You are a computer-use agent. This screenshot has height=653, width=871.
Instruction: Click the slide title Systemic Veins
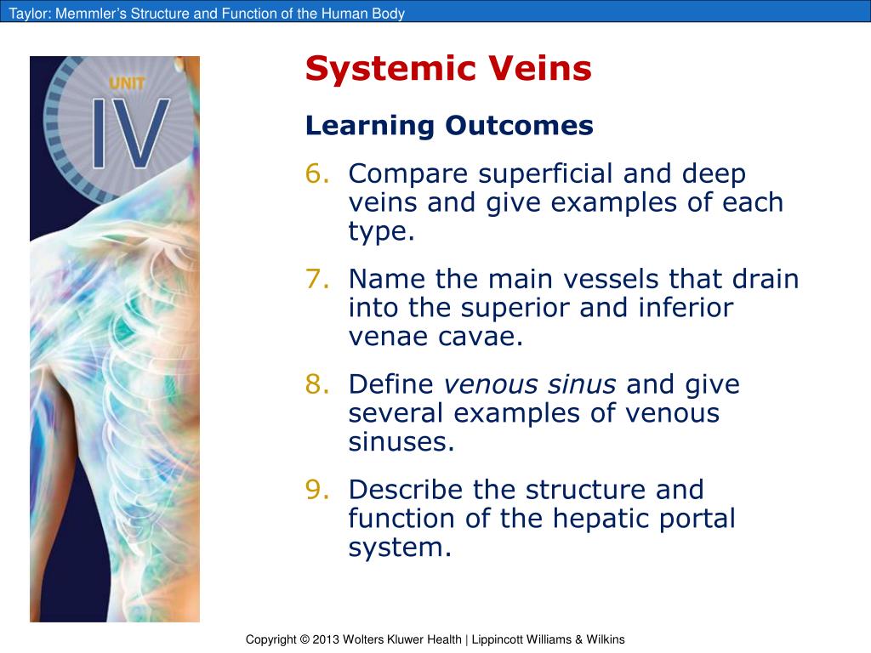pyautogui.click(x=448, y=69)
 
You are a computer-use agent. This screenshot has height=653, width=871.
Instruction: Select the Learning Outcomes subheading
pyautogui.click(x=449, y=126)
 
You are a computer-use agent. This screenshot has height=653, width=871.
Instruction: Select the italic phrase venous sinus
pyautogui.click(x=530, y=385)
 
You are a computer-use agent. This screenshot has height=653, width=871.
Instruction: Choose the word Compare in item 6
pyautogui.click(x=408, y=174)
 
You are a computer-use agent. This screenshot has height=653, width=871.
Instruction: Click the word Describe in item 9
pyautogui.click(x=408, y=491)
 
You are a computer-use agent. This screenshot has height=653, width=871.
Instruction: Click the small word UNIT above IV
pyautogui.click(x=127, y=83)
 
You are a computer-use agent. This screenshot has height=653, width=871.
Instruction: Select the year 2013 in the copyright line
pyautogui.click(x=326, y=639)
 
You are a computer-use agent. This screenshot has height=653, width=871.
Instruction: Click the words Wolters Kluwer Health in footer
pyautogui.click(x=401, y=639)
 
